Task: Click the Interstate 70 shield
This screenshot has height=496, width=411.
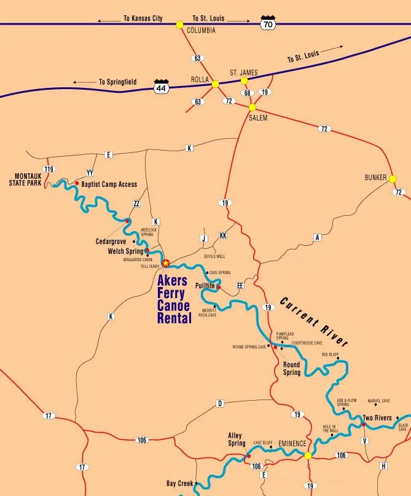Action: (267, 23)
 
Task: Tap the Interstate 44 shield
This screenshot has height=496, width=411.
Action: (161, 87)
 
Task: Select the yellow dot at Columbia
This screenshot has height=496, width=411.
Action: (179, 25)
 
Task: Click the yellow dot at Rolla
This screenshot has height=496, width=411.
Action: (215, 84)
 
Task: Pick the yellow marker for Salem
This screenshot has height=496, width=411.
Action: (252, 107)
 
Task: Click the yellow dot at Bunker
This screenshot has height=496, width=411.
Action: (393, 179)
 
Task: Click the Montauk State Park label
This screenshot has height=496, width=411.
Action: (27, 179)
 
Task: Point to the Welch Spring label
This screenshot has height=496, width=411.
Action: (125, 251)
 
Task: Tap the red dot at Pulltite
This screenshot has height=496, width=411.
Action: (219, 286)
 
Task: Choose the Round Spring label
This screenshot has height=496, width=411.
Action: (292, 369)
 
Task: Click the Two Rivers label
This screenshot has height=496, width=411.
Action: (377, 418)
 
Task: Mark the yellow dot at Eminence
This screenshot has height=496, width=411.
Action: (308, 455)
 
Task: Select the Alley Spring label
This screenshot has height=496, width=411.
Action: (237, 439)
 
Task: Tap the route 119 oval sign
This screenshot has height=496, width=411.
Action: (49, 168)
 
